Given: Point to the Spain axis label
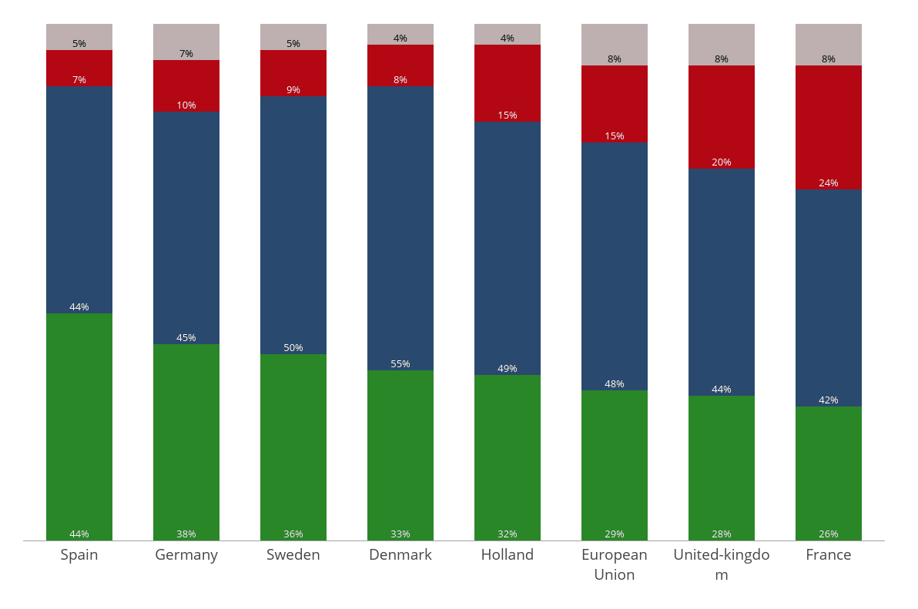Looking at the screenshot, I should pos(79,555).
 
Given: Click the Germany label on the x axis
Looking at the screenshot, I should pos(186,555).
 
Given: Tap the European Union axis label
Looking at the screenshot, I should pos(614,564).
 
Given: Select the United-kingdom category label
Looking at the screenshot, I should pos(721,564).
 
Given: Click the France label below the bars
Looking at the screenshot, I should pos(828,555).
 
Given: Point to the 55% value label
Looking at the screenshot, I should pos(400,364).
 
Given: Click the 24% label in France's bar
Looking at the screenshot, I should pos(828,183).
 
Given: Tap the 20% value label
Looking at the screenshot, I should pos(721,162).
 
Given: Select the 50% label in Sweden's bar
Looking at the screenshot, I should pos(293,348).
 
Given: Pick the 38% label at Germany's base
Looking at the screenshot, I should pos(186,534).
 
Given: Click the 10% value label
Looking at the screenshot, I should pos(186,105).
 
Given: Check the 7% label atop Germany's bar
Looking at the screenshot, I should pos(186,54).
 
